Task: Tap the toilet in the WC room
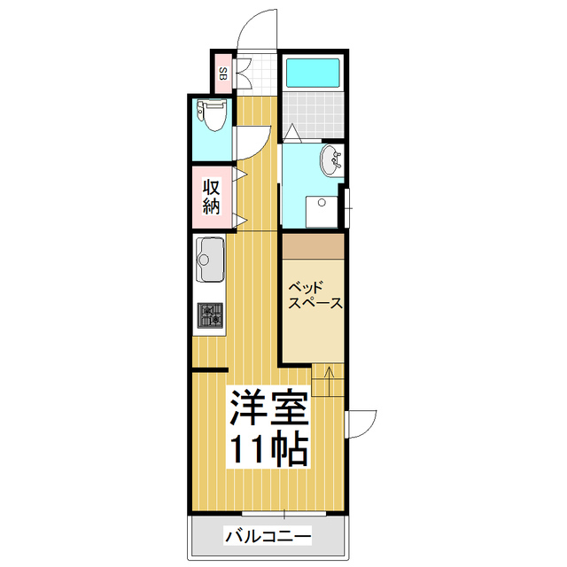[213, 115]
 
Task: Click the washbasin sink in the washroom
[331, 159]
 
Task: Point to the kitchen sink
[212, 258]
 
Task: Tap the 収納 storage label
[212, 197]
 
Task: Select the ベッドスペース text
[315, 295]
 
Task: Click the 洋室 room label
[269, 408]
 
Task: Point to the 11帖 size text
[269, 450]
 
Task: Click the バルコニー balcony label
[268, 536]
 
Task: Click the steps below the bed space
[328, 380]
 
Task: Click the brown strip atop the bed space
[313, 245]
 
